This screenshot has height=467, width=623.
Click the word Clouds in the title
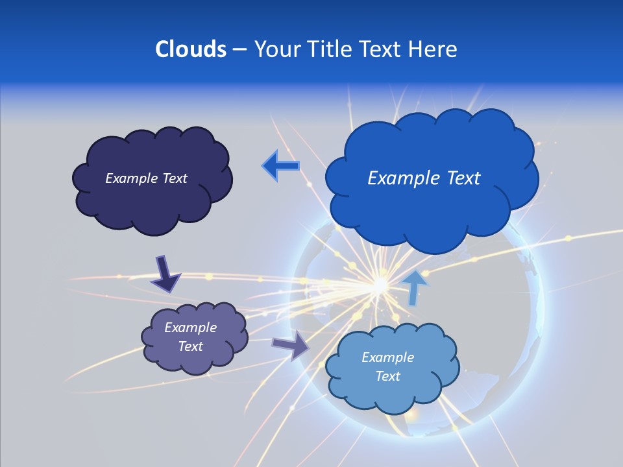[190, 49]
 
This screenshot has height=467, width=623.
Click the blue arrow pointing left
[280, 166]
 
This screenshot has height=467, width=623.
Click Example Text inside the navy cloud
[146, 178]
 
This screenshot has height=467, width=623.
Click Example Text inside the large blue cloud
[424, 178]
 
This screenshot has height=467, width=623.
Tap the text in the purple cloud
[190, 337]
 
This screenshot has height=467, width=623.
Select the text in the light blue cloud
[387, 366]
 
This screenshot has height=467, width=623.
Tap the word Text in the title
[381, 49]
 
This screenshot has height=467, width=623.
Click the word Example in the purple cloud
[190, 328]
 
